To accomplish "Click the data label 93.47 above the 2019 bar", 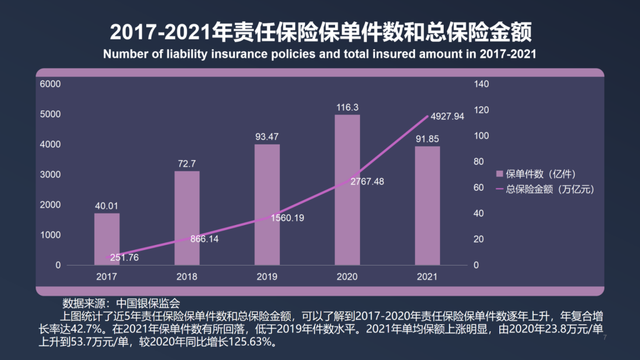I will coord(267,136).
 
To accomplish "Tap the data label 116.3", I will coord(347,107).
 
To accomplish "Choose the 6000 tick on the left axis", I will coord(50,84).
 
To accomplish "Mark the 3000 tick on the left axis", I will coord(50,174).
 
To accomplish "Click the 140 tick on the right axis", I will coord(478,84).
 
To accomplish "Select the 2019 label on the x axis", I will coord(267,276).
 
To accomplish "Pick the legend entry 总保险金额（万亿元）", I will coord(544,188).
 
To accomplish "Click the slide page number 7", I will coord(605,338).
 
